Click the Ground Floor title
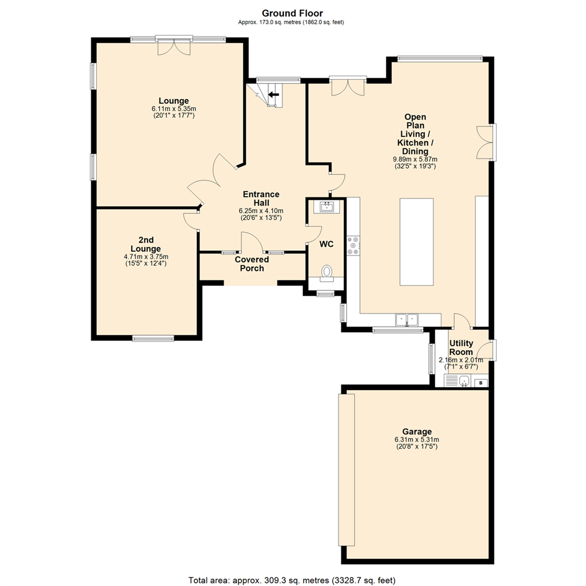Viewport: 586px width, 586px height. (292, 13)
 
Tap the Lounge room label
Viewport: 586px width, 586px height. (174, 100)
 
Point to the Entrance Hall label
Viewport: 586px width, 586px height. (261, 199)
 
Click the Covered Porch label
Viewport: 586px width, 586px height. (252, 264)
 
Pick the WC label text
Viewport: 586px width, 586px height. (326, 245)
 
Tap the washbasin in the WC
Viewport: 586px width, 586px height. (327, 206)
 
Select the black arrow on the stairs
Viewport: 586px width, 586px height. (273, 94)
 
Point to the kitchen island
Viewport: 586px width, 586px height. (417, 242)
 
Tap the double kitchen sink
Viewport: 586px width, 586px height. (407, 320)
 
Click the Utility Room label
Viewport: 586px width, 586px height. (462, 347)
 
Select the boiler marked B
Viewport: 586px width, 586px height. (480, 383)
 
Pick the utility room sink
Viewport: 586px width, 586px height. (463, 383)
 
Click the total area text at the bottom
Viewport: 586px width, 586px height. (292, 579)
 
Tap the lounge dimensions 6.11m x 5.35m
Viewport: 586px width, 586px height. (174, 109)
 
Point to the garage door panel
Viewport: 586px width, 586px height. (346, 470)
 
